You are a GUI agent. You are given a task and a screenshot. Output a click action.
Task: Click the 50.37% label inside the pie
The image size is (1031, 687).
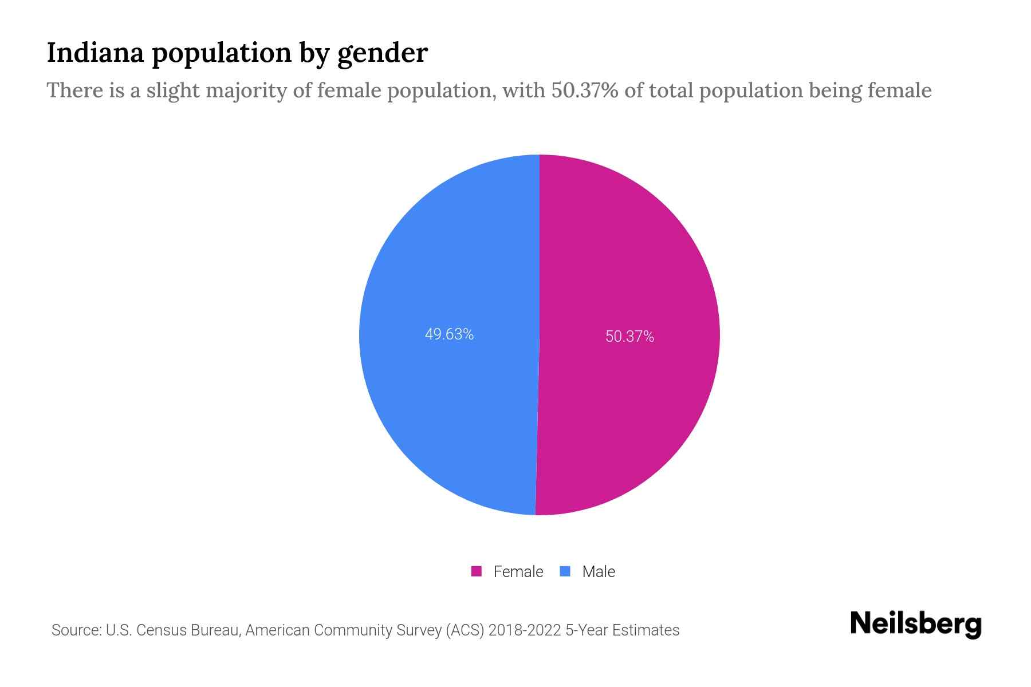pyautogui.click(x=629, y=337)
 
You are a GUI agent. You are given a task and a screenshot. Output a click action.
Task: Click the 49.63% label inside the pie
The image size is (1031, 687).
pyautogui.click(x=449, y=334)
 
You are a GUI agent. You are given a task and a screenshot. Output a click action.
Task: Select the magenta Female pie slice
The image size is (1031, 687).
pyautogui.click(x=630, y=258)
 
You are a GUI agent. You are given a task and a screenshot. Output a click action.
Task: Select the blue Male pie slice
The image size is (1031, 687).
pyautogui.click(x=447, y=258)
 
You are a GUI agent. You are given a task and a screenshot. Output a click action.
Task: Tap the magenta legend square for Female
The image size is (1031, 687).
pyautogui.click(x=476, y=571)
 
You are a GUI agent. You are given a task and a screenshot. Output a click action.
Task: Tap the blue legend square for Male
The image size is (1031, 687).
pyautogui.click(x=565, y=571)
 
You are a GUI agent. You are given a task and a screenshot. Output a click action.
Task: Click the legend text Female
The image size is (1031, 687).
pyautogui.click(x=518, y=571)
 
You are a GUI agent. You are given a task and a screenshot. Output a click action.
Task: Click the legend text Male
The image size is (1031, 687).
pyautogui.click(x=598, y=571)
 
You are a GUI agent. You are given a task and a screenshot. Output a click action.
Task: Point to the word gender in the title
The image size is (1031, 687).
pyautogui.click(x=382, y=54)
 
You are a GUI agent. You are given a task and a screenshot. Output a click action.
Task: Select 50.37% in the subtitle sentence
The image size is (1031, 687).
pyautogui.click(x=585, y=90)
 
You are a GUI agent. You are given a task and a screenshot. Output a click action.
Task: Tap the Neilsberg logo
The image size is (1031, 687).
pyautogui.click(x=915, y=624)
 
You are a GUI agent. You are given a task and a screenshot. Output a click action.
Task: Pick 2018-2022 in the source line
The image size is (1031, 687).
pyautogui.click(x=524, y=630)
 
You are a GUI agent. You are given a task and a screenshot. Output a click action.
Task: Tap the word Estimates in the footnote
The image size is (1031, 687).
pyautogui.click(x=646, y=630)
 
